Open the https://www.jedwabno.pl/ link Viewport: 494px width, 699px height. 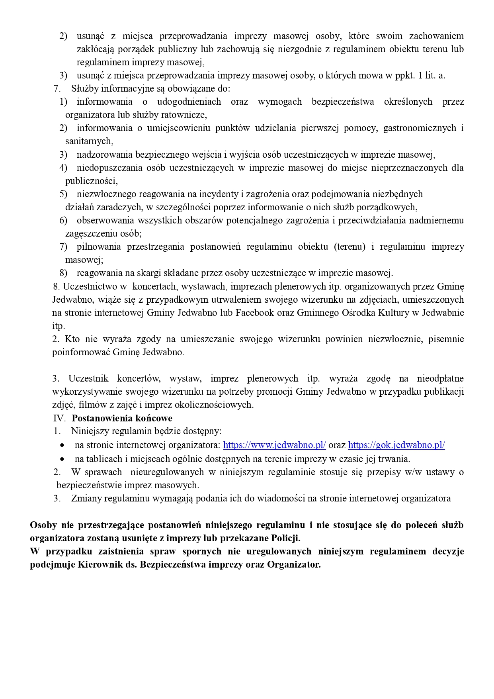274,445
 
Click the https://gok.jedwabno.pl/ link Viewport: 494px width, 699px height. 396,445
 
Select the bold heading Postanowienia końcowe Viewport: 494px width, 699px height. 122,418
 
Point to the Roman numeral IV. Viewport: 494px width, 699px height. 59,418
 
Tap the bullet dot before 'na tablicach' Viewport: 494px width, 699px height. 62,459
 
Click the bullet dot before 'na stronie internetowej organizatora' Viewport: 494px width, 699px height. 62,445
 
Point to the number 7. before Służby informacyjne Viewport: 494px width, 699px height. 57,88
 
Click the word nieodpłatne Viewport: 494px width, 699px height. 440,378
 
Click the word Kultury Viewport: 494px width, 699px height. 393,313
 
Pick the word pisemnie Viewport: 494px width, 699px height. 446,339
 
